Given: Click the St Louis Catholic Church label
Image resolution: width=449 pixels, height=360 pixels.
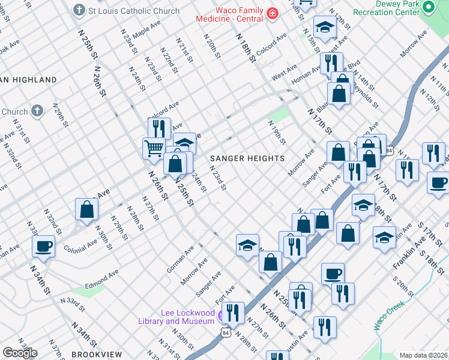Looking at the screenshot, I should coord(133,11).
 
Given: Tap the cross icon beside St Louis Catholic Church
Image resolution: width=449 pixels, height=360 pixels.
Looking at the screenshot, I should coord(79,11).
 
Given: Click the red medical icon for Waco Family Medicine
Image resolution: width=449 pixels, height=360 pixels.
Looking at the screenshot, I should coord(272,13).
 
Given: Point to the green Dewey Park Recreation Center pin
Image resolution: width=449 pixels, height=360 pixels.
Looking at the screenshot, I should coord(428,8).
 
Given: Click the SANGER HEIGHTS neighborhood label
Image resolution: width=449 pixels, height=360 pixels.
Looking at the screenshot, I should coord(247,158).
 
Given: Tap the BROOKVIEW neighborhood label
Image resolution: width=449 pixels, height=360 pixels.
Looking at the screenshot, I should coord(97,355).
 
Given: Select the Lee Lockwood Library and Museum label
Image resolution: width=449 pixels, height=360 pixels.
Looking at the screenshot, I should coord(187,317).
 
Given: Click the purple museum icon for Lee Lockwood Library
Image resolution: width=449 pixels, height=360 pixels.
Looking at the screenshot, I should coord(222,314).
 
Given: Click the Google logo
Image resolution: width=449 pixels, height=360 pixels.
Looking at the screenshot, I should coord(19,353).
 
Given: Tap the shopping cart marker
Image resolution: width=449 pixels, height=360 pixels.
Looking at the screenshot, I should coord(154,147).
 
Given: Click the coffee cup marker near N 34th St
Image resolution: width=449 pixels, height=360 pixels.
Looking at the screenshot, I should coord(43,245).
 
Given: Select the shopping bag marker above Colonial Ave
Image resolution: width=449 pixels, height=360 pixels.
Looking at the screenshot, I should coord(86,209).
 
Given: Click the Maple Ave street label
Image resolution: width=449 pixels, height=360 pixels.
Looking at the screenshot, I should coord(146,31).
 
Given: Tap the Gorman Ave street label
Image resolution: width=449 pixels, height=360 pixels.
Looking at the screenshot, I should coord(180,259).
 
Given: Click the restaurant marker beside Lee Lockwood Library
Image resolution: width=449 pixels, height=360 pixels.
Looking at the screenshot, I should coord(233,313).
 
